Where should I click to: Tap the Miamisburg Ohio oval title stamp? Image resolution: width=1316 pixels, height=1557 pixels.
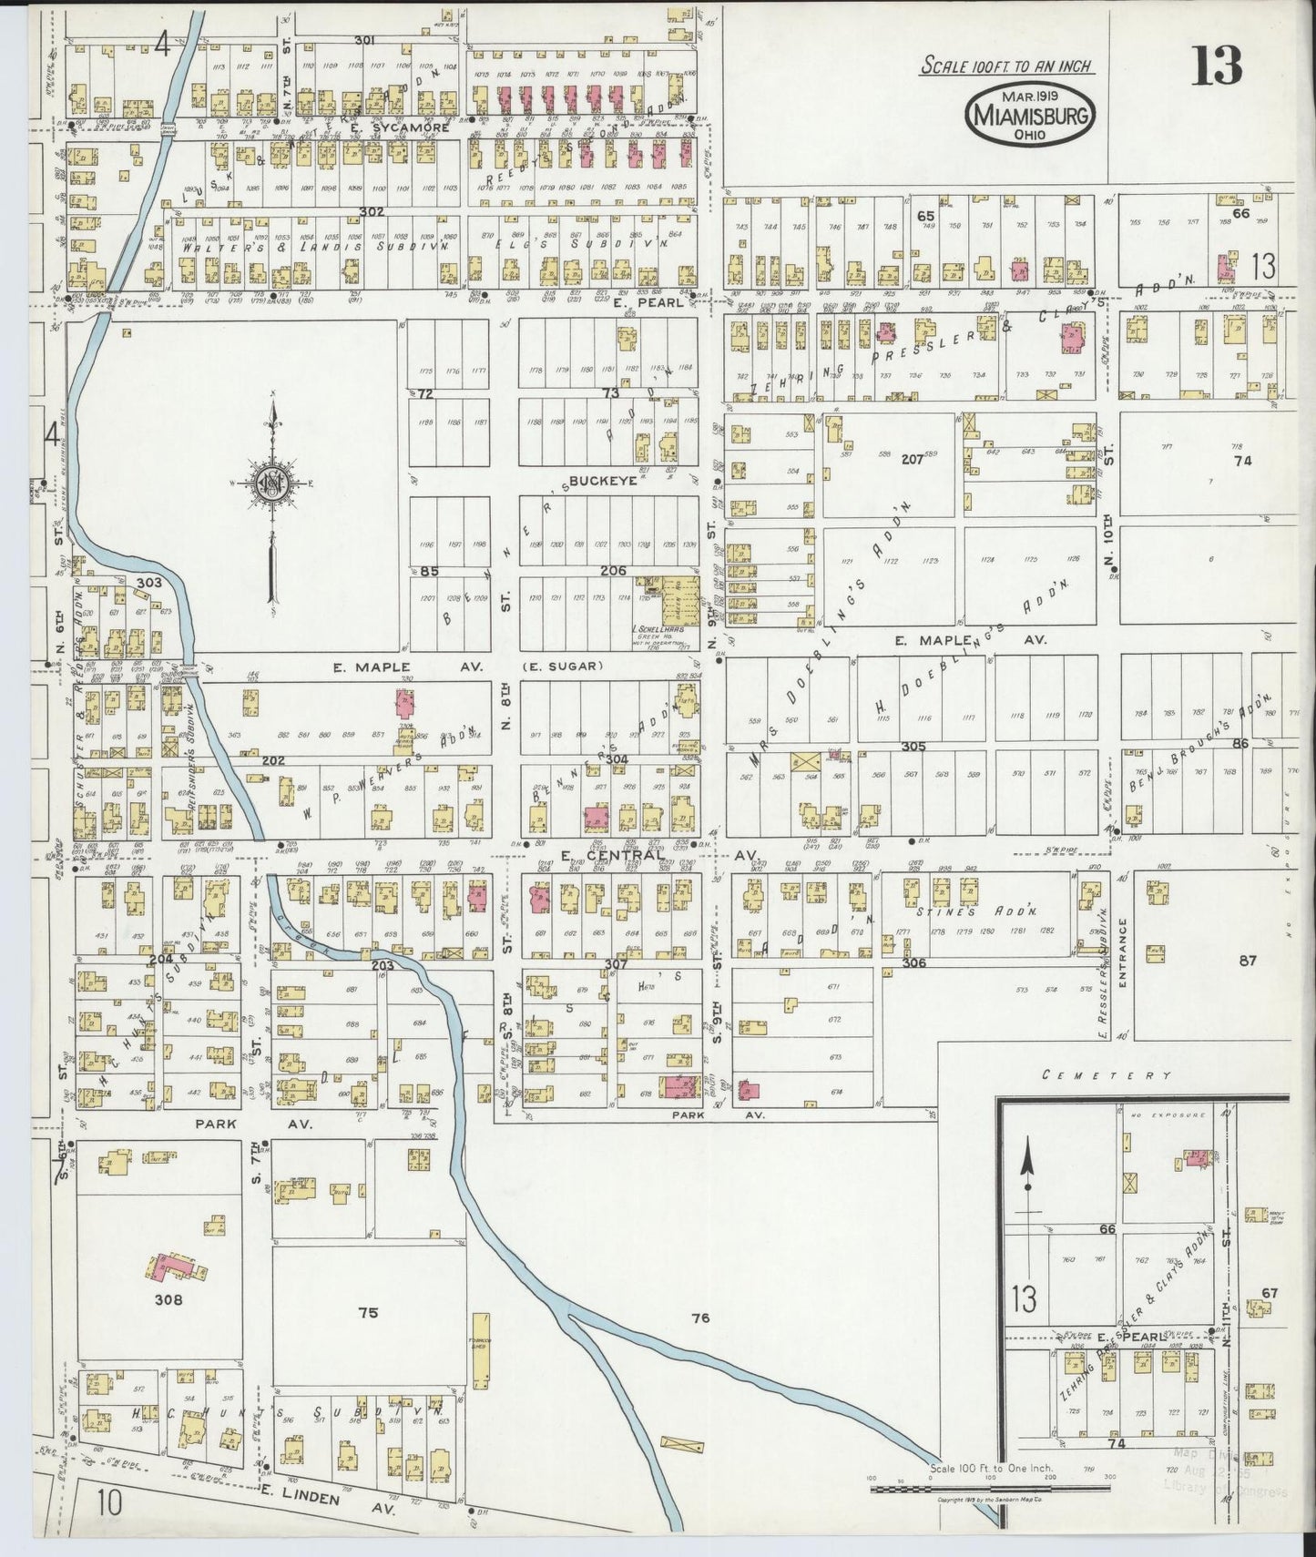(x=1031, y=115)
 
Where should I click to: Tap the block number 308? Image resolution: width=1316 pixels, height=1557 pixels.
(x=168, y=1299)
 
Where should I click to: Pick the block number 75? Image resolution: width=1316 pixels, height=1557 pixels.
(x=367, y=1312)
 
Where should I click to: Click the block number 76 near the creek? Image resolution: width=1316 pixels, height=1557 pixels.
(x=699, y=1317)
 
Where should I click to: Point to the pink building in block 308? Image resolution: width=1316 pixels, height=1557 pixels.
(x=173, y=1267)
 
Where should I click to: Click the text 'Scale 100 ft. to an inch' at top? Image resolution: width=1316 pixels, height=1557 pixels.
(x=1006, y=66)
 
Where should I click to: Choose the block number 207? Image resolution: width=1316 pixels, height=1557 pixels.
(x=913, y=460)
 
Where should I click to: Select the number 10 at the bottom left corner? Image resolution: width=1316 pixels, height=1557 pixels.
(x=109, y=1502)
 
